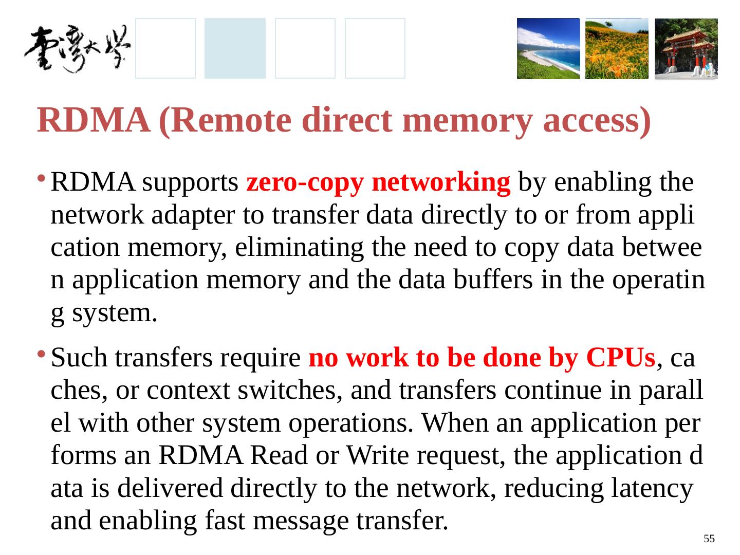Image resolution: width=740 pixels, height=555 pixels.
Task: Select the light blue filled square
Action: point(235,49)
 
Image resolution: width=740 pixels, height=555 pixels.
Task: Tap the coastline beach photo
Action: point(548,49)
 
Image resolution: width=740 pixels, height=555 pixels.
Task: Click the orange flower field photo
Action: point(617,49)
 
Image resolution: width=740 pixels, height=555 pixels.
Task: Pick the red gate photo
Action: point(686,49)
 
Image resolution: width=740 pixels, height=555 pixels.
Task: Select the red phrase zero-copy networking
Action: point(379,183)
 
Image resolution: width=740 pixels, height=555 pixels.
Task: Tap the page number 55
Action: point(709,539)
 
